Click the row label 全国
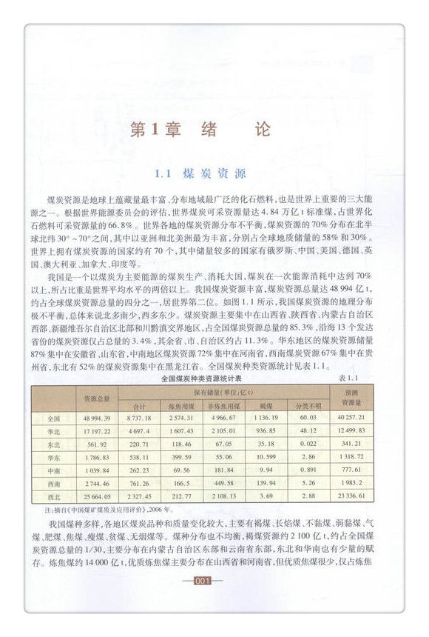coord(53,418)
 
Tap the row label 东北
coord(53,445)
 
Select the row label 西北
coord(53,496)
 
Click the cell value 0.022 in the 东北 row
coord(308,445)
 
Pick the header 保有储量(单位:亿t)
coord(223,392)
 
